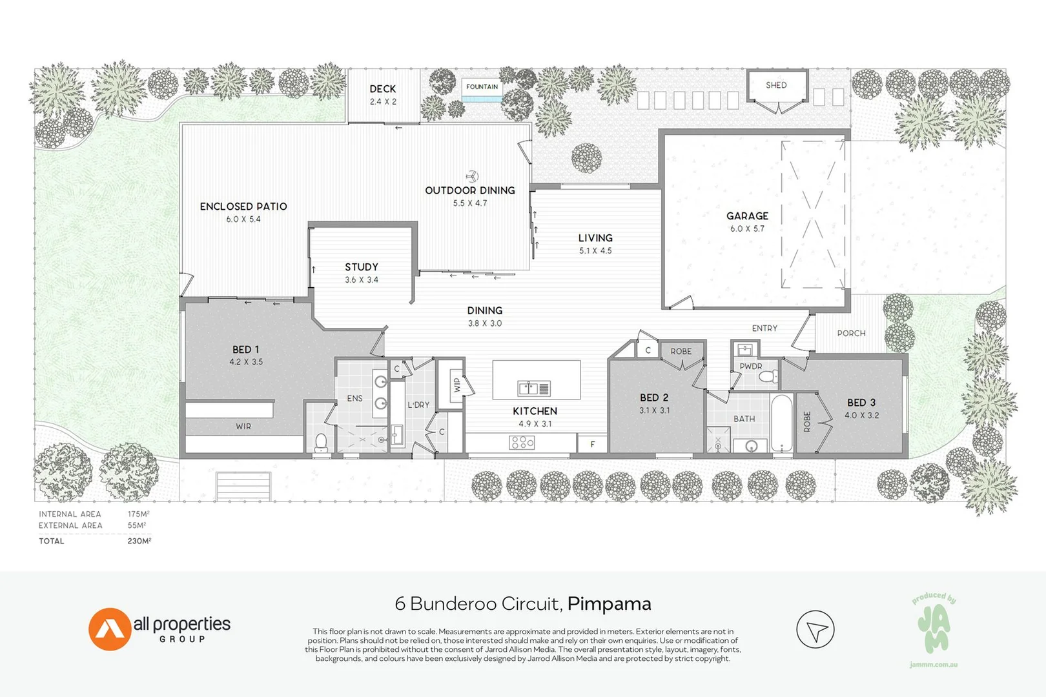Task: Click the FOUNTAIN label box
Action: [482, 87]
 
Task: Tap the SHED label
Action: [776, 85]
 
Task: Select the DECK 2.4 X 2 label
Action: [383, 95]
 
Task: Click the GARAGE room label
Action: [747, 216]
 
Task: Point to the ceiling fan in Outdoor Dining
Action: [472, 176]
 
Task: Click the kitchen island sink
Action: [533, 388]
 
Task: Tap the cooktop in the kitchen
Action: [522, 442]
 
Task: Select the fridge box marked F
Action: [593, 444]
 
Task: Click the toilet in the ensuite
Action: [321, 442]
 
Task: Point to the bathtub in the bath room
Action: [781, 423]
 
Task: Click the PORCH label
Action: [851, 333]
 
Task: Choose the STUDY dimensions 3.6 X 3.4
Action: [362, 280]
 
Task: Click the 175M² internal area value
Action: [138, 514]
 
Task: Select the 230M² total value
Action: [139, 541]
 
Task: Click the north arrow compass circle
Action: [815, 629]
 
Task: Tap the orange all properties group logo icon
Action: [109, 629]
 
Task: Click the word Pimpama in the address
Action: [609, 603]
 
